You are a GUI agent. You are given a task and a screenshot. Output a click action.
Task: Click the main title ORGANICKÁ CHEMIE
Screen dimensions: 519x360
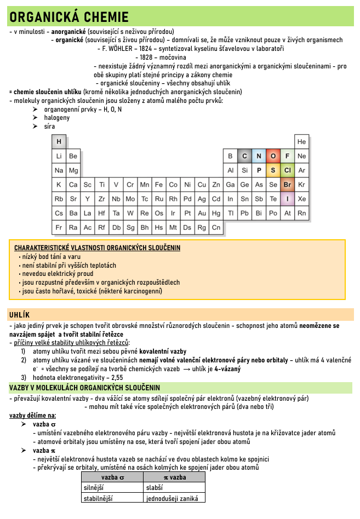69,17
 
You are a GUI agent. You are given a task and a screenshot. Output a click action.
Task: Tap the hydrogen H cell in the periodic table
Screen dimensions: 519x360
59,142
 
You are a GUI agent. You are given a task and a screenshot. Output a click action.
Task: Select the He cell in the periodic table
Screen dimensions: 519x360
301,142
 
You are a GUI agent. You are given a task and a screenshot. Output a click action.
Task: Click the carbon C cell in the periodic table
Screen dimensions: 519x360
244,156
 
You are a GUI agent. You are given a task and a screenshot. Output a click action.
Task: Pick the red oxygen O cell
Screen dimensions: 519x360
273,156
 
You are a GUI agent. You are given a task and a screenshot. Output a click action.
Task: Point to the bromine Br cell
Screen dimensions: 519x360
287,184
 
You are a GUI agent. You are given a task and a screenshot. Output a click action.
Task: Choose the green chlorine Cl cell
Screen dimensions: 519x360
287,170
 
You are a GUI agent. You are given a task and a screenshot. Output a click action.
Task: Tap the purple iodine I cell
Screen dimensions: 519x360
287,199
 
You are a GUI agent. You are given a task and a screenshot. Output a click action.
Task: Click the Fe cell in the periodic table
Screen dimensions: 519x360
159,184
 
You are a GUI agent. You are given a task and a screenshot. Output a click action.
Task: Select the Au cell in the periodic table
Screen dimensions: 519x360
202,213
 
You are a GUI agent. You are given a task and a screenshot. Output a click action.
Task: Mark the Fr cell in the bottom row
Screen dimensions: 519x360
59,227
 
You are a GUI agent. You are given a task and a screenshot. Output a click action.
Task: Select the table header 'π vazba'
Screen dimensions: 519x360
175,477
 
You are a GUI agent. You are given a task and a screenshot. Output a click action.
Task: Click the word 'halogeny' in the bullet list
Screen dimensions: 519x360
57,118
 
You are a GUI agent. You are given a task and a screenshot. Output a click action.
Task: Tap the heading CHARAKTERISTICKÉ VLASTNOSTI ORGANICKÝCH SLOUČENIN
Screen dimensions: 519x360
97,247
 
